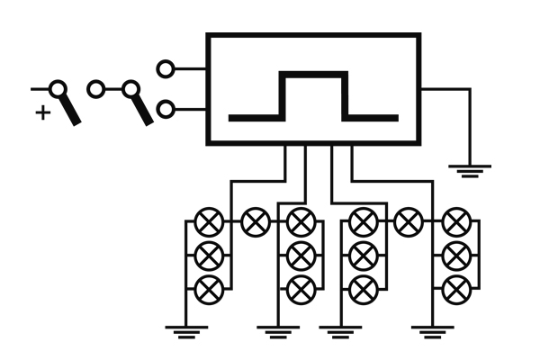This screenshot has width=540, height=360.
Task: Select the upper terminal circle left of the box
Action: tap(166, 67)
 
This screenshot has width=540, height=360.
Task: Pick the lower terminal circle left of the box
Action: tap(166, 109)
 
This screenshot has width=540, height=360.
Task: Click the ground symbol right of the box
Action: tap(470, 169)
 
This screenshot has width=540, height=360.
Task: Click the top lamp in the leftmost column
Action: tap(209, 220)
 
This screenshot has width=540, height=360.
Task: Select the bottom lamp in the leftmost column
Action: tap(209, 288)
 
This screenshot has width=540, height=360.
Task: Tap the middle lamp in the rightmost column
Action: tap(457, 255)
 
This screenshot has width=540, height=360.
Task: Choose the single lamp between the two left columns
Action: tap(255, 220)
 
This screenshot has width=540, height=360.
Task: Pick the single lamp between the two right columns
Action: tap(409, 220)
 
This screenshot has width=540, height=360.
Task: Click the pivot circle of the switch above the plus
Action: tap(59, 89)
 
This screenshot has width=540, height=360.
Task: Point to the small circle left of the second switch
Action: tap(95, 89)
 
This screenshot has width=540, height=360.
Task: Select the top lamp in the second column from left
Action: tap(299, 220)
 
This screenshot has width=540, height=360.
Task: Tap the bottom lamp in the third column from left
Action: tap(363, 288)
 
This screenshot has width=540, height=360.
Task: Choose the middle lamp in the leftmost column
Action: tap(209, 255)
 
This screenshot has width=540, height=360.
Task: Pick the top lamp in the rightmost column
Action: tap(457, 220)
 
